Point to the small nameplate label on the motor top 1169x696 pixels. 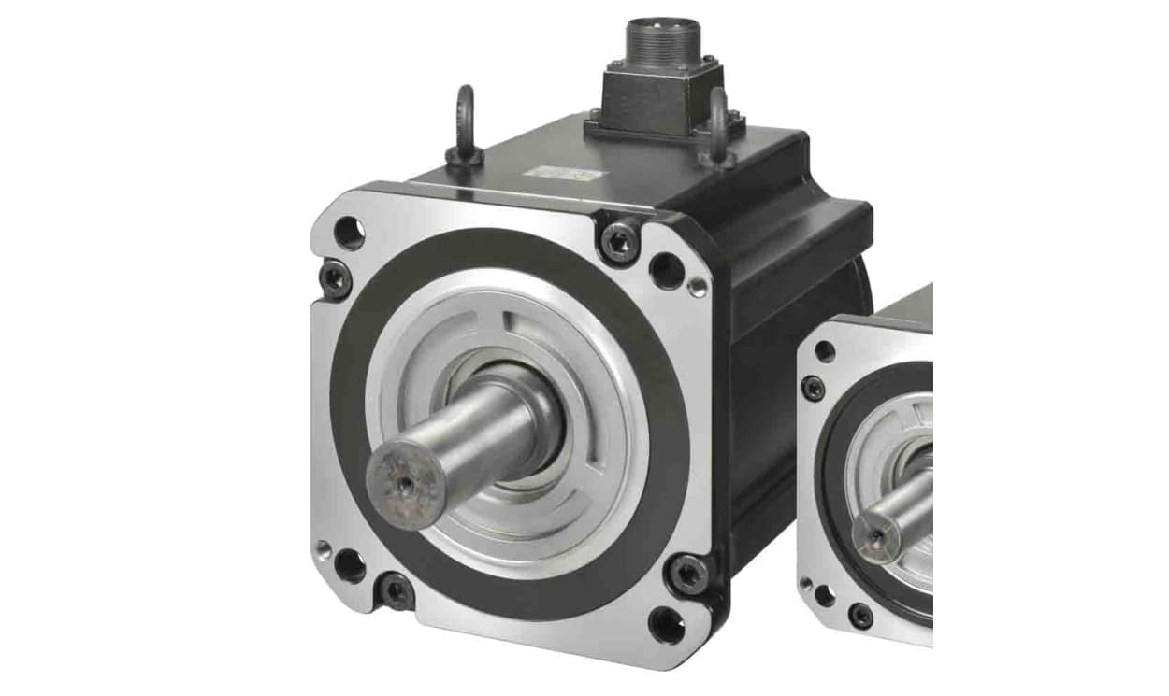pyautogui.click(x=557, y=174)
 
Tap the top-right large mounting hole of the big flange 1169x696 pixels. pyautogui.click(x=667, y=270)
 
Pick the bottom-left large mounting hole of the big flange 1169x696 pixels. pyautogui.click(x=350, y=565)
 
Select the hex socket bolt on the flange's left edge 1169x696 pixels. pyautogui.click(x=333, y=277)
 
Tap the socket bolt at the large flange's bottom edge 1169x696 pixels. pyautogui.click(x=396, y=590)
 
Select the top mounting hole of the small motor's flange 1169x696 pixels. pyautogui.click(x=826, y=352)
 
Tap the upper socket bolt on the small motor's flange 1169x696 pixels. pyautogui.click(x=814, y=387)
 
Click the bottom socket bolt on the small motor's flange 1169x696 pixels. pyautogui.click(x=859, y=615)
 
